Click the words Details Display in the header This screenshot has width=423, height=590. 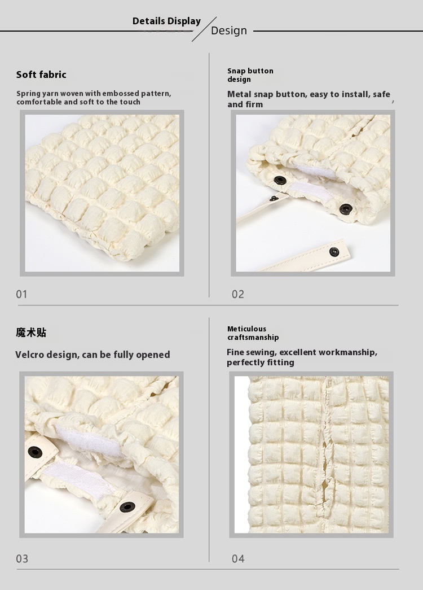tap(166, 21)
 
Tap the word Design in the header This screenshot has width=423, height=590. tap(229, 30)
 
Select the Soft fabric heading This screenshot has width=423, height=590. tap(41, 75)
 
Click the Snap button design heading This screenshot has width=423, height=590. tap(250, 75)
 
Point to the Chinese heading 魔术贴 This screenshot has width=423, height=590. tap(31, 332)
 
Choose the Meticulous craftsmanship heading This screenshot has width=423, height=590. tap(253, 333)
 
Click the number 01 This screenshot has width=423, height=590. tap(22, 294)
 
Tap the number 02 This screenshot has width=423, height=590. tap(238, 294)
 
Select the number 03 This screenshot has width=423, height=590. tap(22, 559)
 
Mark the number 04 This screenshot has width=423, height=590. tap(238, 559)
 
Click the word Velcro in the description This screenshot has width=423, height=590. tap(28, 355)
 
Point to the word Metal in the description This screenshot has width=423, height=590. tap(239, 94)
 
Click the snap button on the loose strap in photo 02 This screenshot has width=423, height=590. tap(334, 252)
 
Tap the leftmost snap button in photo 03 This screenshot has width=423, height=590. tap(36, 452)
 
